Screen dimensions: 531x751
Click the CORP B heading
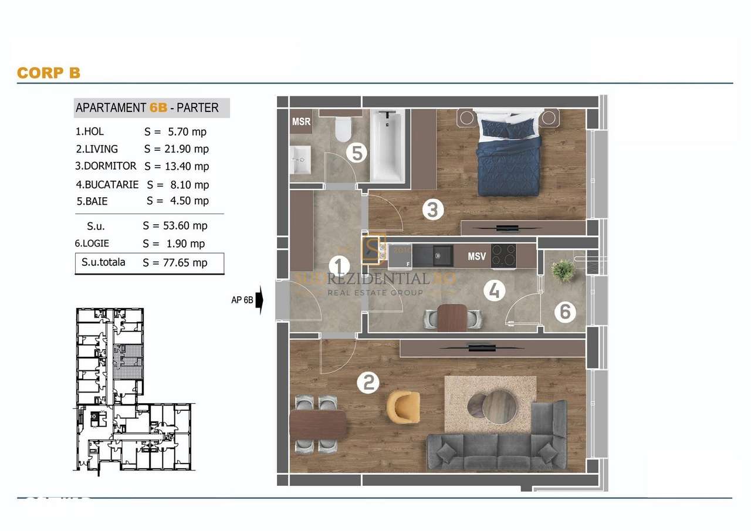[48, 73]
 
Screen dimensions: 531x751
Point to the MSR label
[301, 122]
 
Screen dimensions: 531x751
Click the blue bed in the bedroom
[508, 154]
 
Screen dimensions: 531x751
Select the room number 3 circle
[433, 209]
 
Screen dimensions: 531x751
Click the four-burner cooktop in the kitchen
[503, 256]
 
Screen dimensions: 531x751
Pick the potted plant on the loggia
[563, 270]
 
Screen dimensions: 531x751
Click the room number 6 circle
[564, 312]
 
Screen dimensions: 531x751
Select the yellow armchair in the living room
[404, 407]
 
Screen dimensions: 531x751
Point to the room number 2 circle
[368, 383]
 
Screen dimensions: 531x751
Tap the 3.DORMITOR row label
[106, 166]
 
